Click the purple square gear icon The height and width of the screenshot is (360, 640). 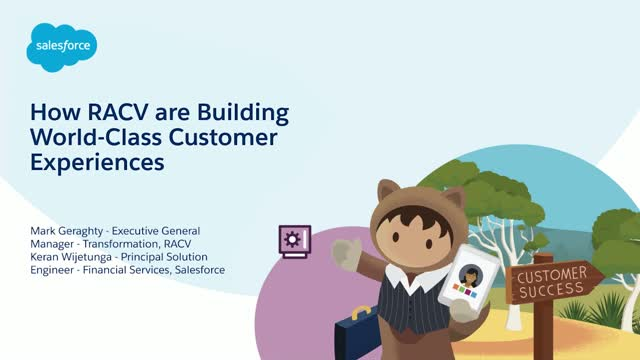292,239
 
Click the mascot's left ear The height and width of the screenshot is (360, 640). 389,192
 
